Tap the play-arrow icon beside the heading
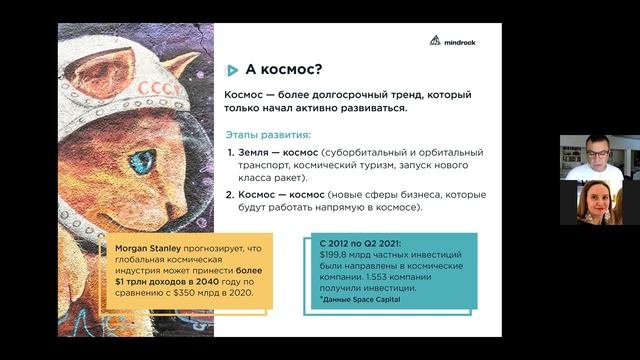[x=232, y=70]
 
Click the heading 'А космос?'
[x=283, y=70]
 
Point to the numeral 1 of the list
[x=229, y=152]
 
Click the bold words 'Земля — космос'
[x=276, y=152]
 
